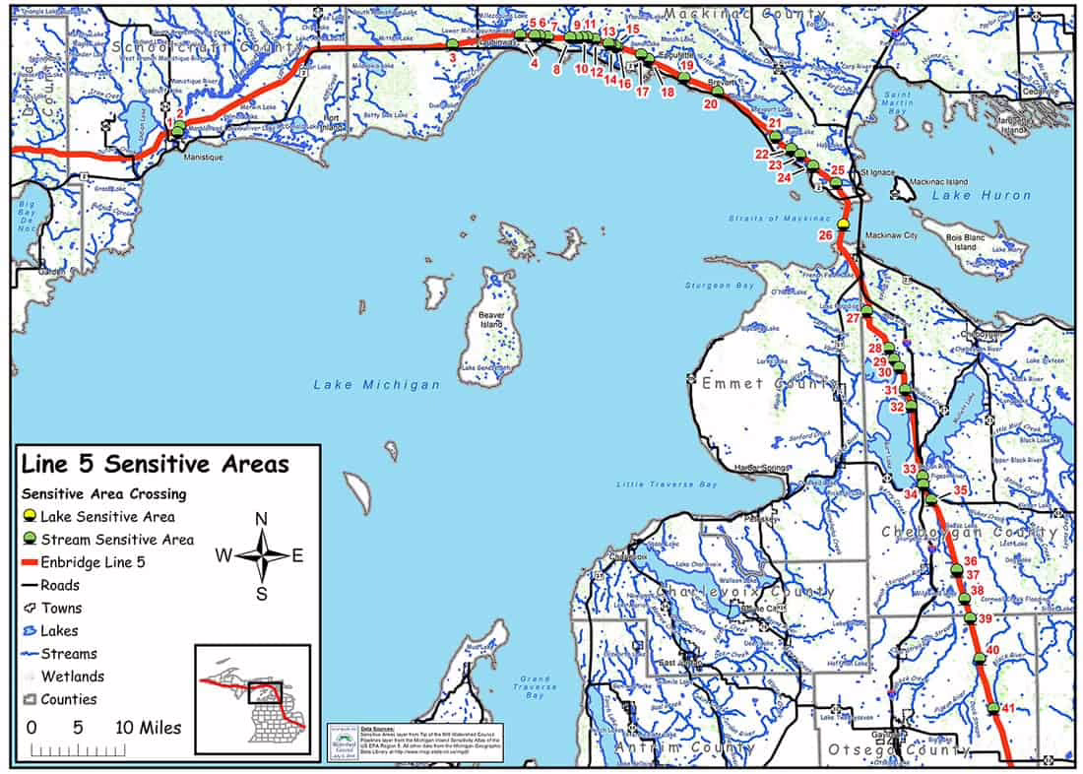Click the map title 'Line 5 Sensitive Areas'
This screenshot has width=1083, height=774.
pos(156,464)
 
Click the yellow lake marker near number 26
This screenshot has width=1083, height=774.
pos(844,225)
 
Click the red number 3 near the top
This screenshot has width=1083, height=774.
pos(451,59)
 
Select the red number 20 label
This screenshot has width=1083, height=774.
pos(710,102)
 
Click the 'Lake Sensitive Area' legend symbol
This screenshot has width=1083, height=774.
pos(31,516)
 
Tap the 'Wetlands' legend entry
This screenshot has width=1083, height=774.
pos(72,677)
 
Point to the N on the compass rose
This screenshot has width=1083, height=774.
pos(261,519)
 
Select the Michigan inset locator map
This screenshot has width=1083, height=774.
pos(252,698)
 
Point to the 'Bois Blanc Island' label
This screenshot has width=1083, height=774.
pos(965,242)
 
